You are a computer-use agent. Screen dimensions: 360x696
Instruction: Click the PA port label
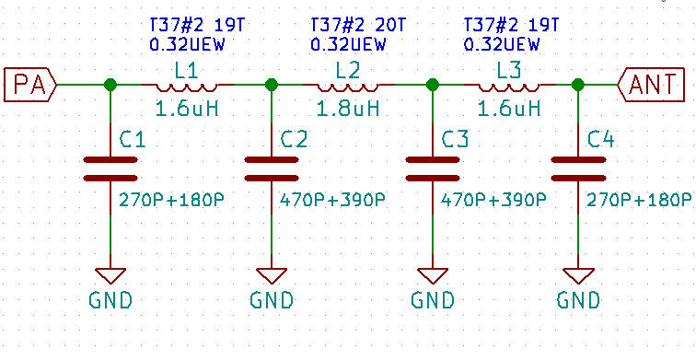29,85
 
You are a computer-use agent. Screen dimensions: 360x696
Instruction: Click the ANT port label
655,85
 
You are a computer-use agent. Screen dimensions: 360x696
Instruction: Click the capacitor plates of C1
110,168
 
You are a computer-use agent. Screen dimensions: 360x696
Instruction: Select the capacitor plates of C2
271,168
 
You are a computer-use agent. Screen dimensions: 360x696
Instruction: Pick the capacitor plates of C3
432,168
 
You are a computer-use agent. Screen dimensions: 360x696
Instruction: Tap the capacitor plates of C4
577,168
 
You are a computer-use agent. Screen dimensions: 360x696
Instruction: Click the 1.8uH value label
348,109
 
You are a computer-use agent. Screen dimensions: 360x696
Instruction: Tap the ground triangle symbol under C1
110,274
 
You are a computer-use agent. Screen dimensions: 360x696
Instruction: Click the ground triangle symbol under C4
577,274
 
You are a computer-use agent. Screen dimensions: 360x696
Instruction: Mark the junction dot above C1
110,85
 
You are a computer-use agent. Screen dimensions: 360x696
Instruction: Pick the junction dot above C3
432,85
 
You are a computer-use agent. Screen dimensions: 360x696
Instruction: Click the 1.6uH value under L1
187,109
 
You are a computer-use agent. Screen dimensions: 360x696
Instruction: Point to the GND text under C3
432,300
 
